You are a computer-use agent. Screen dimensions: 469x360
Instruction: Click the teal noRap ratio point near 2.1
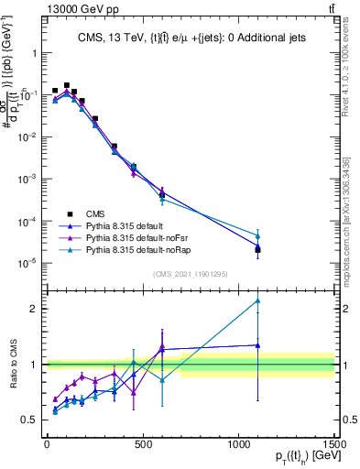[x=258, y=300]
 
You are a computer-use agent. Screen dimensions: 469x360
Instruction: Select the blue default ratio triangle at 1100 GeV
[x=258, y=345]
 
